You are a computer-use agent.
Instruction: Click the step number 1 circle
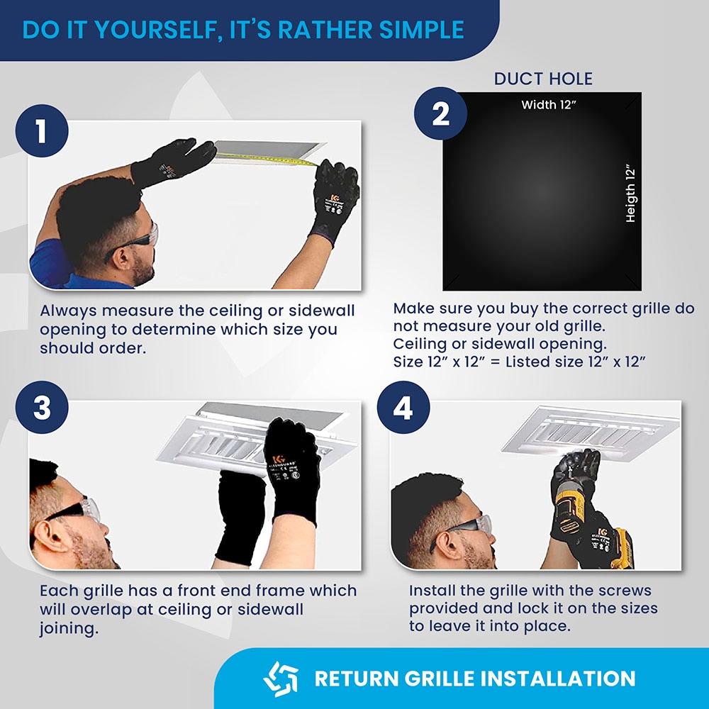coord(42,131)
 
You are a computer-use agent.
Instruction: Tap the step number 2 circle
coord(440,113)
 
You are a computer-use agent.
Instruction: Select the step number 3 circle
coord(42,408)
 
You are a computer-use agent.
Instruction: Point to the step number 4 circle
coord(403,408)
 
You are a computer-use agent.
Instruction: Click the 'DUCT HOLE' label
coord(543,79)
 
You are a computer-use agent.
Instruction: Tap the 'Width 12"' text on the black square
coord(549,105)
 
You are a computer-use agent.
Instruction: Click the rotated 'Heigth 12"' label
coord(630,194)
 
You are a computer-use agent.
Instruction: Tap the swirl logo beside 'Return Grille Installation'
coord(281,679)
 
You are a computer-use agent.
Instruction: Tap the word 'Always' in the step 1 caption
coord(68,311)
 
